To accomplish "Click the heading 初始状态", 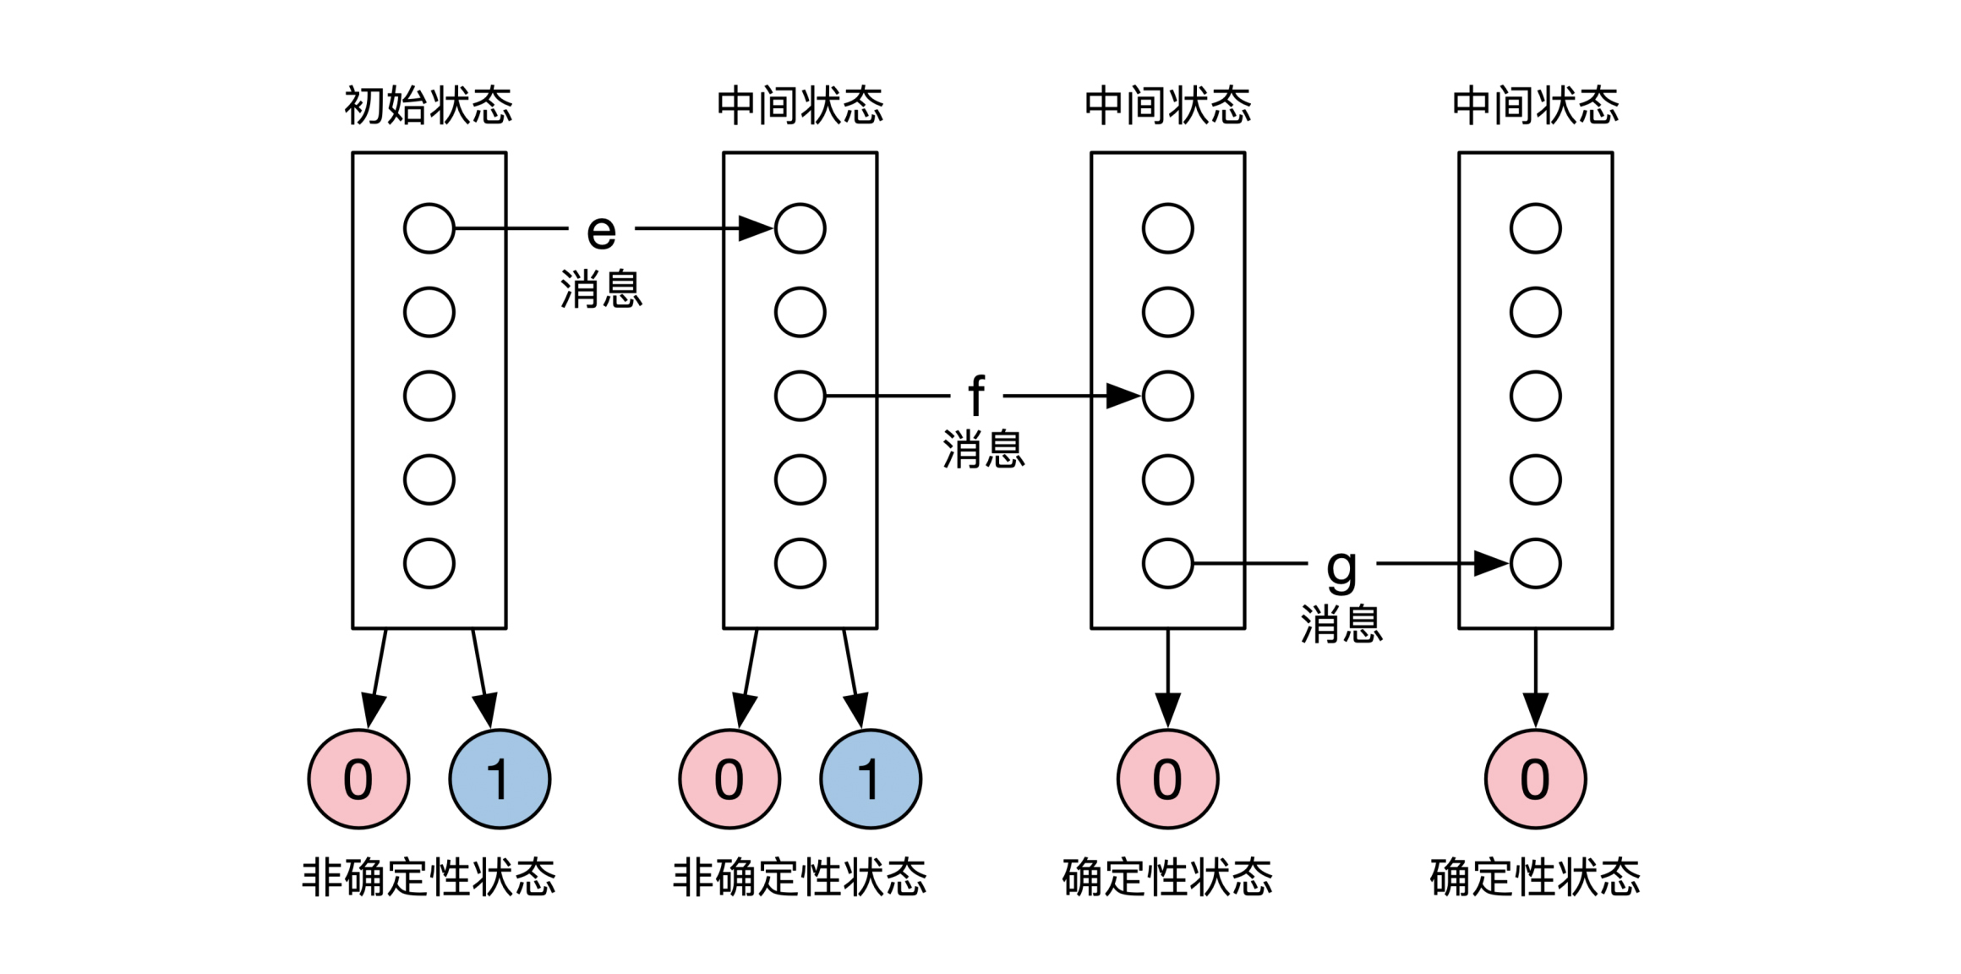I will click(x=429, y=107).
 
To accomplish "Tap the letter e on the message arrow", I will click(x=601, y=231).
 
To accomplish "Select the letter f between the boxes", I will click(x=976, y=396).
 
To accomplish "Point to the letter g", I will click(x=1341, y=568).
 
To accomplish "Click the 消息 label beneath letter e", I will click(x=601, y=289).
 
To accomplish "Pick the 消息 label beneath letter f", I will click(x=984, y=449).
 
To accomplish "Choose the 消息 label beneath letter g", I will click(x=1341, y=624).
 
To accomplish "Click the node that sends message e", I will click(x=429, y=228).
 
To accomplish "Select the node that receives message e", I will click(x=800, y=228).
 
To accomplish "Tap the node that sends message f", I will click(x=800, y=396).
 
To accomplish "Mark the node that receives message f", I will click(x=1167, y=396).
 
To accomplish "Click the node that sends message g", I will click(x=1167, y=563).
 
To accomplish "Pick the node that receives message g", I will click(x=1535, y=563).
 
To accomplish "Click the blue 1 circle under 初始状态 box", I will click(x=500, y=779).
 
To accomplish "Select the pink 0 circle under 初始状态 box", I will click(x=358, y=779).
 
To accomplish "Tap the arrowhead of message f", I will click(x=1123, y=396).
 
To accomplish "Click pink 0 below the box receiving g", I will click(x=1535, y=779).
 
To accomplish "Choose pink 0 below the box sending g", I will click(x=1167, y=779).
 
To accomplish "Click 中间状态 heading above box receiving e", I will click(x=800, y=107).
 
